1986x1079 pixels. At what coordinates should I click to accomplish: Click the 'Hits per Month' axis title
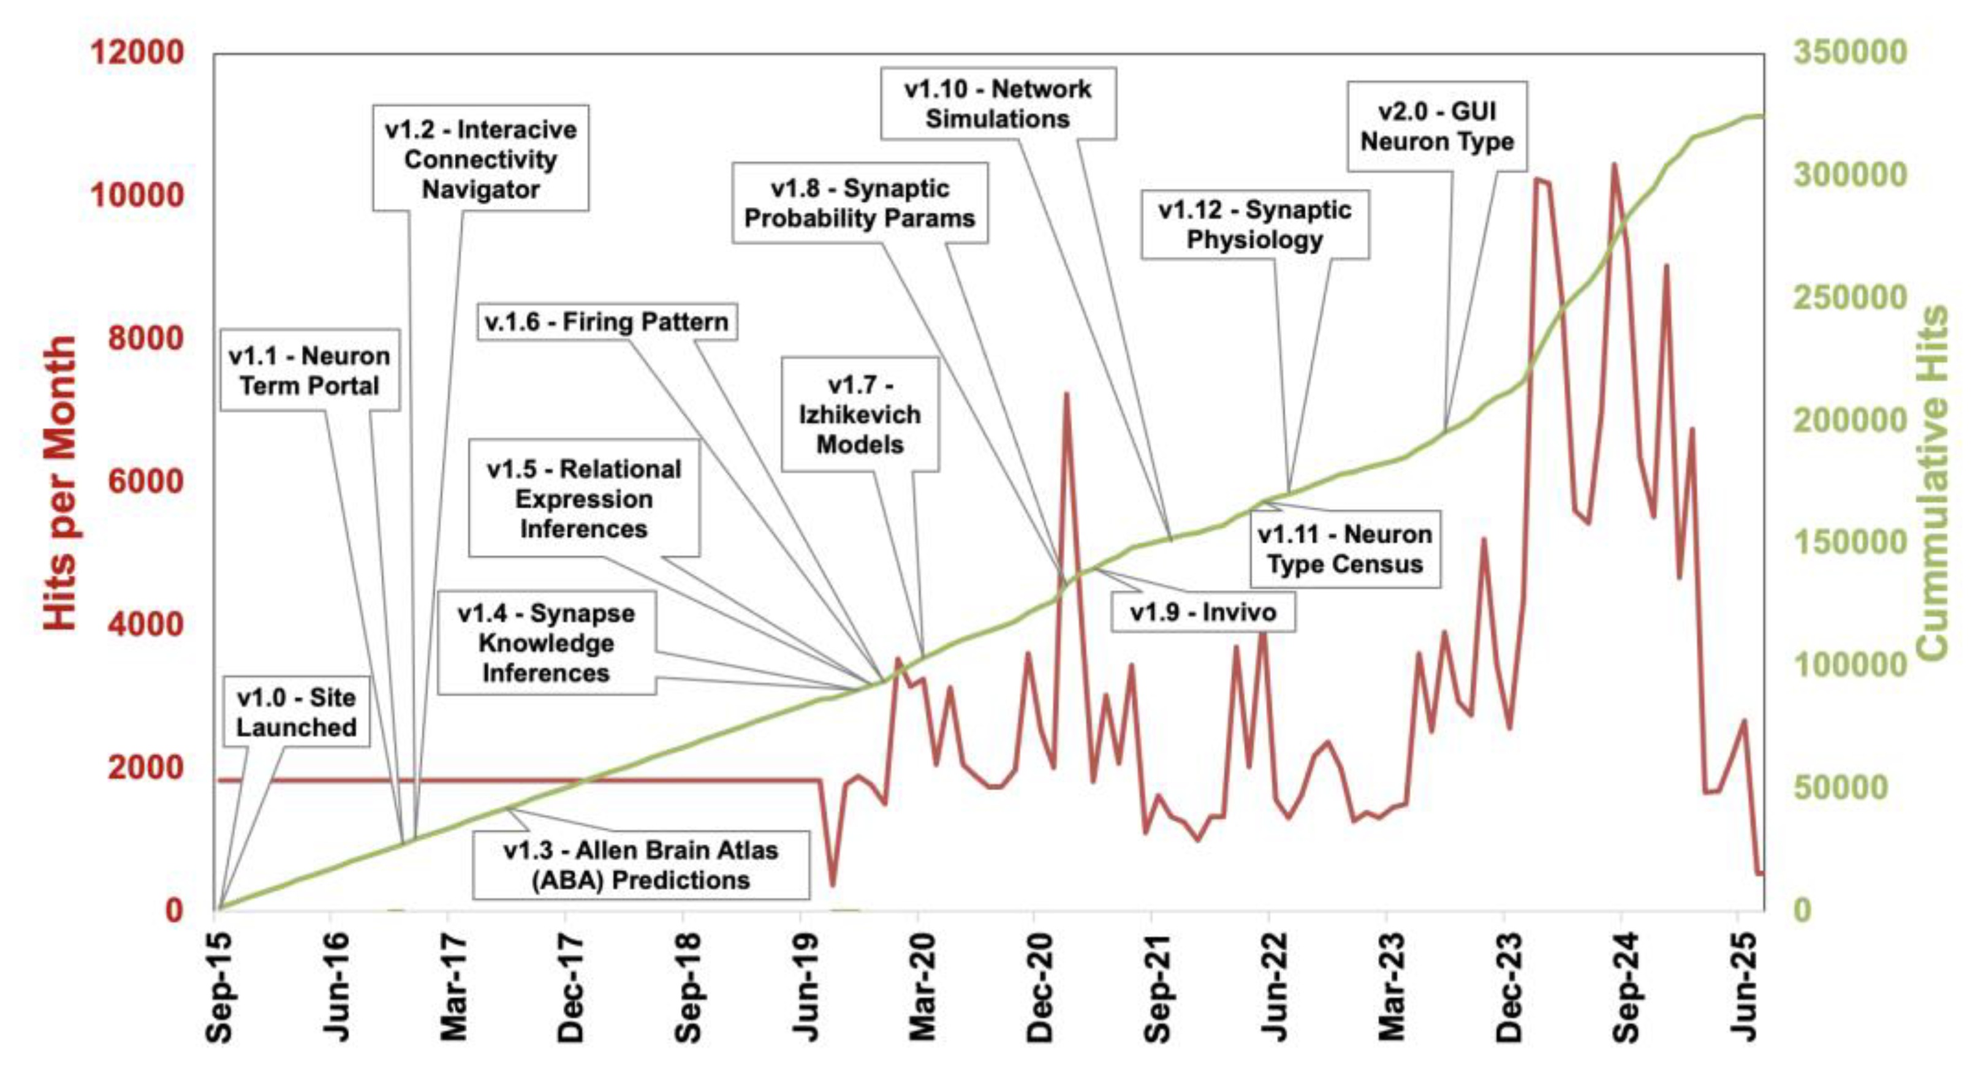pos(60,482)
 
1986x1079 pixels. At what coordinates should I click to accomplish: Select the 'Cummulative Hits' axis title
pos(1932,482)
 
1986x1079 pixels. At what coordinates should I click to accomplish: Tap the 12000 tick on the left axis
pos(137,53)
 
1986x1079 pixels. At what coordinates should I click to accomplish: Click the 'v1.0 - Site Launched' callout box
pos(296,712)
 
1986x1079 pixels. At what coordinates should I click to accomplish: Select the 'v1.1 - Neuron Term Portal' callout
pos(309,371)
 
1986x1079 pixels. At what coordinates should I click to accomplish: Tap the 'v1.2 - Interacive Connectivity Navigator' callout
pos(480,159)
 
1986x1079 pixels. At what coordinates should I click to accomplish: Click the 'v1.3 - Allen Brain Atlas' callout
pos(641,865)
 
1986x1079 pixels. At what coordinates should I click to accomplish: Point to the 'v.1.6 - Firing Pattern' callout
pos(607,322)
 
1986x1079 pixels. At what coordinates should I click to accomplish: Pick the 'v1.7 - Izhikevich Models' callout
pos(860,414)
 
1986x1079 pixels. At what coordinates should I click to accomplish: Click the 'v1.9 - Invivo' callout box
pos(1203,612)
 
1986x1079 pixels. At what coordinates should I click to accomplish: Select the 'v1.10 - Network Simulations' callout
pos(998,104)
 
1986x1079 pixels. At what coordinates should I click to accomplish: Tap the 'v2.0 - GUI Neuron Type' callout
pos(1437,126)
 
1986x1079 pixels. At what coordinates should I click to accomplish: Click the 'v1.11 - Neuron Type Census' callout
pos(1344,549)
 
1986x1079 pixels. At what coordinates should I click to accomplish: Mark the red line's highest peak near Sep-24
pos(1613,164)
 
